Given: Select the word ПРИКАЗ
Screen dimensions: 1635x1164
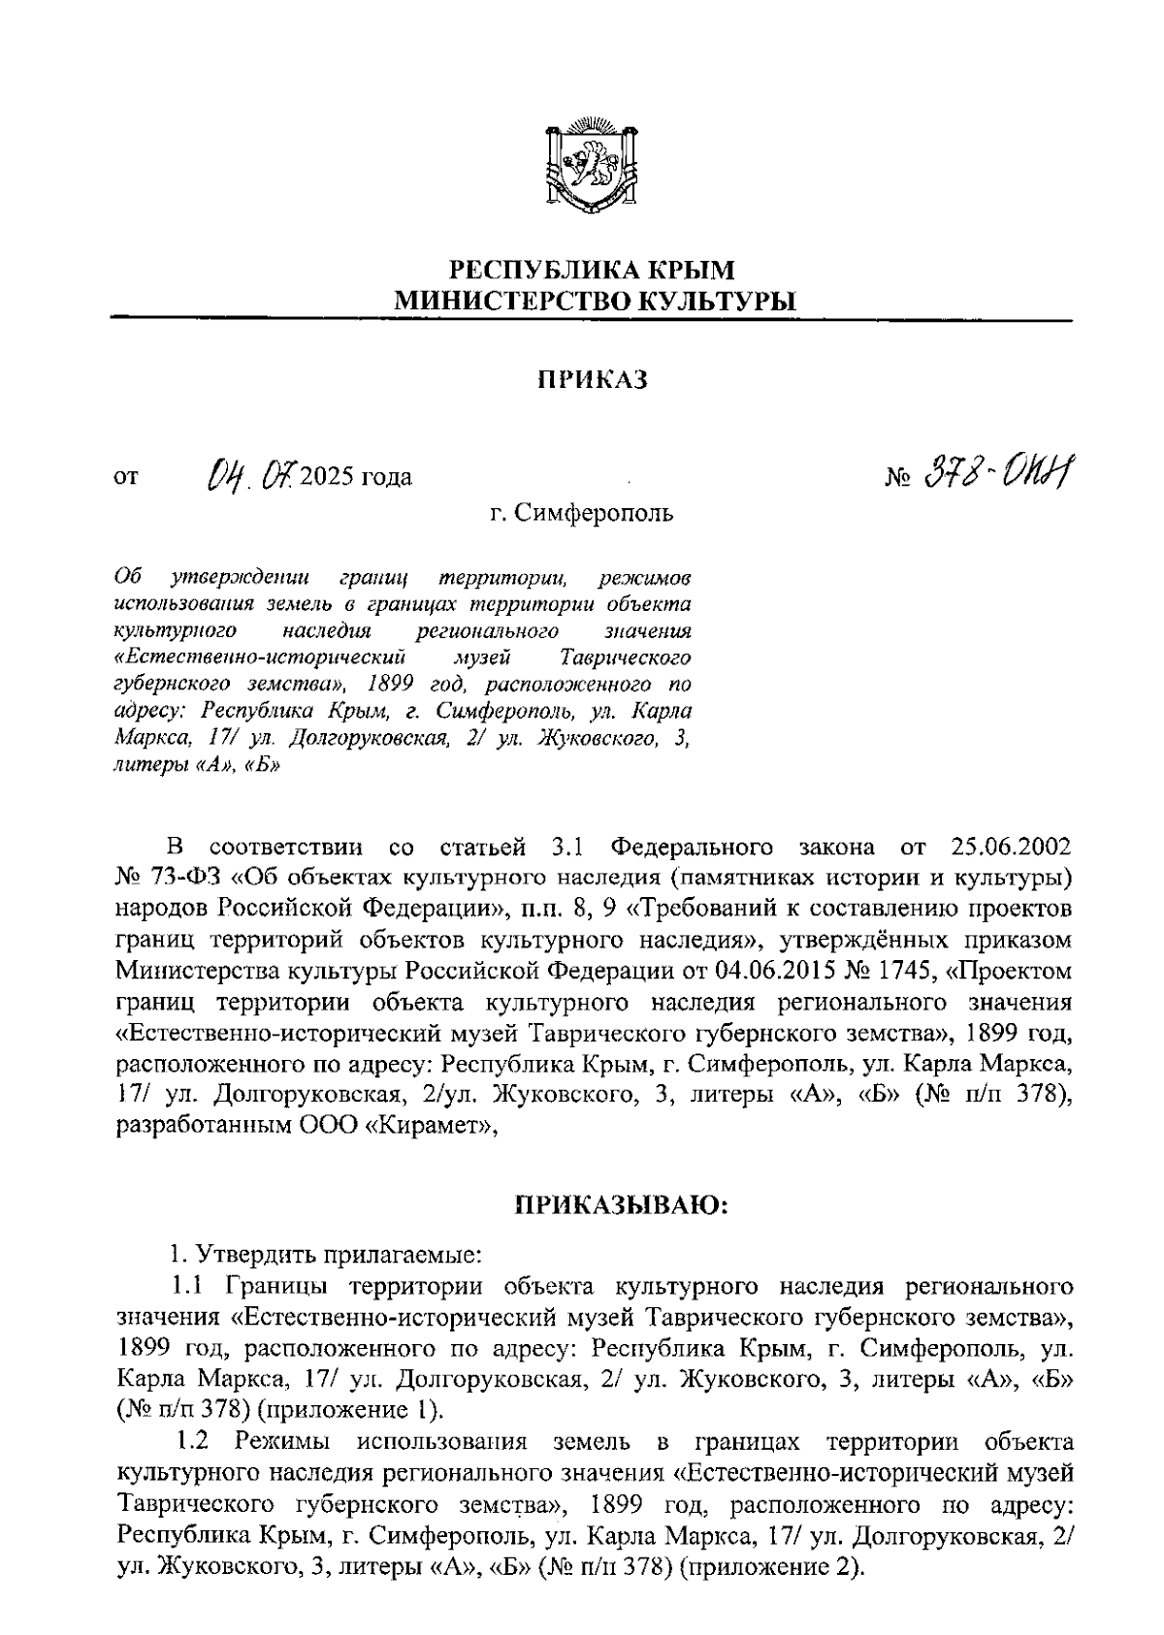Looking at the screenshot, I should (x=593, y=380).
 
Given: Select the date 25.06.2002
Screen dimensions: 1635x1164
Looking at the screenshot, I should (x=1012, y=848).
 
